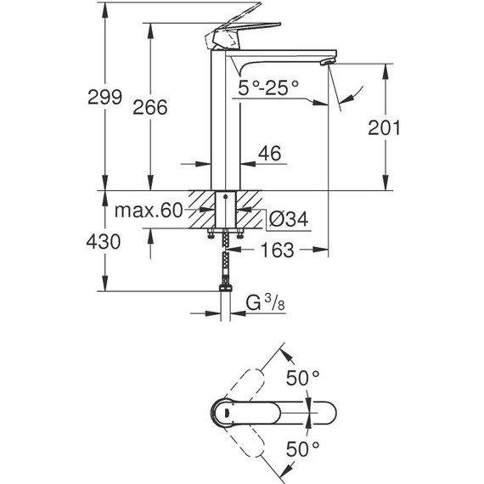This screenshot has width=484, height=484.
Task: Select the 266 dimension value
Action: click(x=150, y=107)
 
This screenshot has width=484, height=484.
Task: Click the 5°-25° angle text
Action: click(x=268, y=87)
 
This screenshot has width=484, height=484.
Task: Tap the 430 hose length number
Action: click(x=103, y=241)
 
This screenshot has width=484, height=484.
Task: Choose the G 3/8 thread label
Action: click(x=265, y=301)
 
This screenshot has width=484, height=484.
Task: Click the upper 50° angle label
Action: click(x=303, y=375)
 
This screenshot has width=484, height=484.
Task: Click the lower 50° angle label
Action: click(x=303, y=447)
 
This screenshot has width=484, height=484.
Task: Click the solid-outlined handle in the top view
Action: click(x=255, y=413)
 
